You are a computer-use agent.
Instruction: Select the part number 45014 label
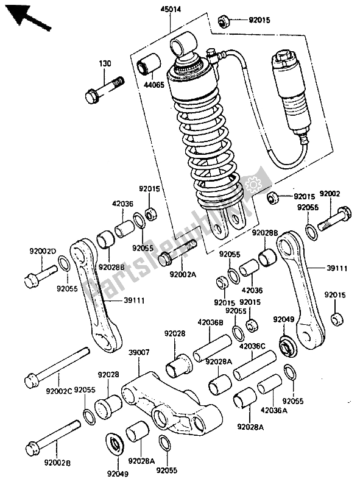coord(170,10)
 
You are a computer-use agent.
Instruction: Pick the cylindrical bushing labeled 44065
coord(150,67)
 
